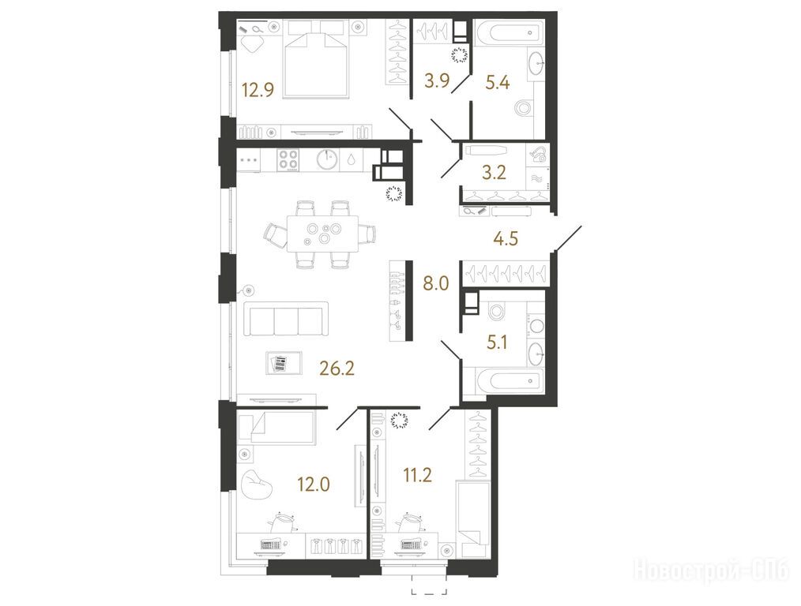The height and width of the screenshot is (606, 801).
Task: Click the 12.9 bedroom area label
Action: (258, 90)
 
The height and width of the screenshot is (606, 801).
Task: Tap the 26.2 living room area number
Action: (337, 367)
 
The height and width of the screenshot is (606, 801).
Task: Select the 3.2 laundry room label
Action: (494, 173)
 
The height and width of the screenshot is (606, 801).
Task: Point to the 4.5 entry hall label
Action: (506, 238)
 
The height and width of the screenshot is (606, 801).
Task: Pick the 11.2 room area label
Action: (417, 476)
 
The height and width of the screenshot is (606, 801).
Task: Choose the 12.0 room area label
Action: (314, 484)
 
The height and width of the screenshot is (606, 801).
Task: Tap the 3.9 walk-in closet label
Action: (438, 80)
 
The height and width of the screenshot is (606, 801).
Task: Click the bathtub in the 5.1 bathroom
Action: (509, 380)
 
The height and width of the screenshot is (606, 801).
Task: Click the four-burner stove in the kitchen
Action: (288, 159)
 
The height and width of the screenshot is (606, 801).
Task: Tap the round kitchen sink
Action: (327, 159)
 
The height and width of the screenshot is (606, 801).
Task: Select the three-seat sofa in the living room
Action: (285, 319)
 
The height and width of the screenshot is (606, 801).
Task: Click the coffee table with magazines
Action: (284, 363)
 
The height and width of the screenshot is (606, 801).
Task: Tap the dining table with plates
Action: (323, 233)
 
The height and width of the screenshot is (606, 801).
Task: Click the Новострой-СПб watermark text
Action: (711, 570)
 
